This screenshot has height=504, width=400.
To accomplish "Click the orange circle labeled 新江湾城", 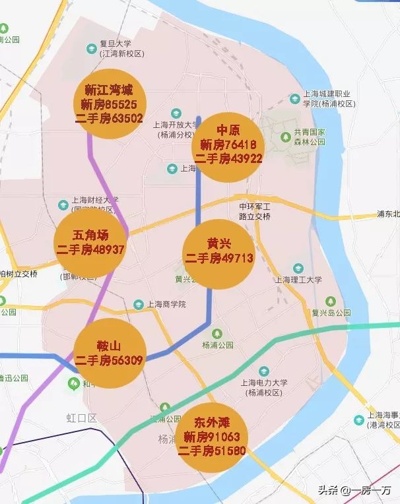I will (x=110, y=104).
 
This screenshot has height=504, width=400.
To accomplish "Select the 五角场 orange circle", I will (x=90, y=243).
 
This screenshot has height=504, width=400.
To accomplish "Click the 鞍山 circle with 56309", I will (x=109, y=352).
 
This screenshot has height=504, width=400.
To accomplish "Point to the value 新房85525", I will (x=109, y=104).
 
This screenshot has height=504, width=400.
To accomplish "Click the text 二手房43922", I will (x=228, y=158).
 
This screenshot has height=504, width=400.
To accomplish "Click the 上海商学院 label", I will (x=166, y=304).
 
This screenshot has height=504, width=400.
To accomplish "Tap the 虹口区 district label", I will (x=81, y=418).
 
